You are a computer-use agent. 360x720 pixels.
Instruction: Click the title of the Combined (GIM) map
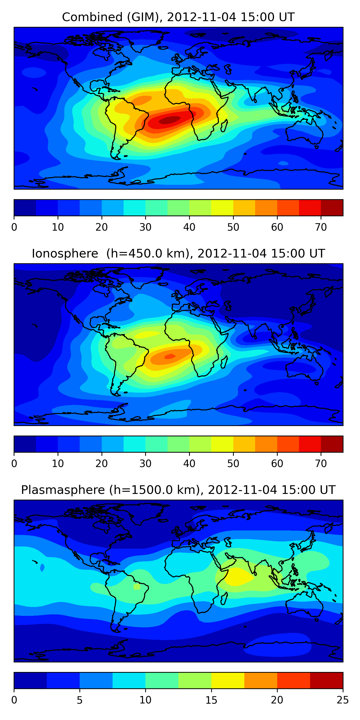(x=178, y=17)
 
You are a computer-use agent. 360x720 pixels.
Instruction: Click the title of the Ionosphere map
(x=178, y=253)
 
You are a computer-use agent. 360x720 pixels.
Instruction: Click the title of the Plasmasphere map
(x=178, y=490)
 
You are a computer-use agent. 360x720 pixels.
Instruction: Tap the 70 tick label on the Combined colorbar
(x=321, y=227)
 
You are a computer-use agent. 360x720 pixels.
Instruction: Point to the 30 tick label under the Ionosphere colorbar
(x=145, y=463)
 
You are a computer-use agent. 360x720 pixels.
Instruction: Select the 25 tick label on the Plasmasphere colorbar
(x=343, y=700)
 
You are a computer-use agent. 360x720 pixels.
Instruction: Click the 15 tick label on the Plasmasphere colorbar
(x=211, y=700)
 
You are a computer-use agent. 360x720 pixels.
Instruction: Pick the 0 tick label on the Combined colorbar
(x=14, y=227)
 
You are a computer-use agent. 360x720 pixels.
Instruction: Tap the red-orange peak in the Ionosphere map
(x=170, y=356)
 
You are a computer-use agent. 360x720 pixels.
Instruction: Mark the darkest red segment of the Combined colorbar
(x=332, y=208)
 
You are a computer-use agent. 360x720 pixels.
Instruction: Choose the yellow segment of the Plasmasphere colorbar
(x=228, y=680)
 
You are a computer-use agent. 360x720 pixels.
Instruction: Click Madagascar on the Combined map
(x=224, y=126)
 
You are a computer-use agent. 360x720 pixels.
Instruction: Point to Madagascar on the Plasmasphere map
(x=224, y=598)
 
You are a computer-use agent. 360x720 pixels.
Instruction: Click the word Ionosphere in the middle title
(x=65, y=253)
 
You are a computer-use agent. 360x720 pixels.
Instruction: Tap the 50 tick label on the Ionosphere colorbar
(x=233, y=463)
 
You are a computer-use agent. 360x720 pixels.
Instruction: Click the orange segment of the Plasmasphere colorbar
(x=260, y=680)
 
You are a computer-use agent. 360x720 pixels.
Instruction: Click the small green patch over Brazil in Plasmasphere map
(x=137, y=586)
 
